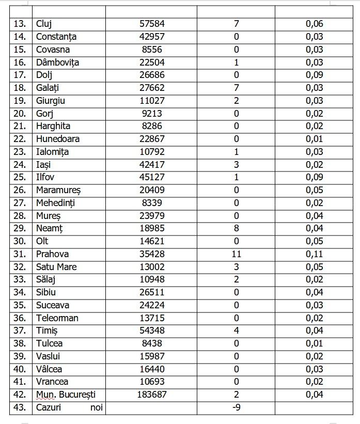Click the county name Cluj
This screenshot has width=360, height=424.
click(44, 24)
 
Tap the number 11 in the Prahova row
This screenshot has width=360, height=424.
click(236, 254)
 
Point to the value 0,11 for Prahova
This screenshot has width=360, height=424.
click(314, 254)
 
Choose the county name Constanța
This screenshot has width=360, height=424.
click(56, 37)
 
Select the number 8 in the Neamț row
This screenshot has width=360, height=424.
click(236, 228)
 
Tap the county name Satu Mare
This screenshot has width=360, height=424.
click(56, 267)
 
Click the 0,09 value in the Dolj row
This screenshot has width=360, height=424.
click(314, 75)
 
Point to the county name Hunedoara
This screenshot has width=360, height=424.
click(58, 139)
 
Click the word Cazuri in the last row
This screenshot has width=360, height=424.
click(50, 407)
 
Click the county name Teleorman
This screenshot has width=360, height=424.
click(57, 318)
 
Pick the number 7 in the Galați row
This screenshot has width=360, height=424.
click(236, 88)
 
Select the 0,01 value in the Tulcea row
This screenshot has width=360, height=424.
click(314, 343)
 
